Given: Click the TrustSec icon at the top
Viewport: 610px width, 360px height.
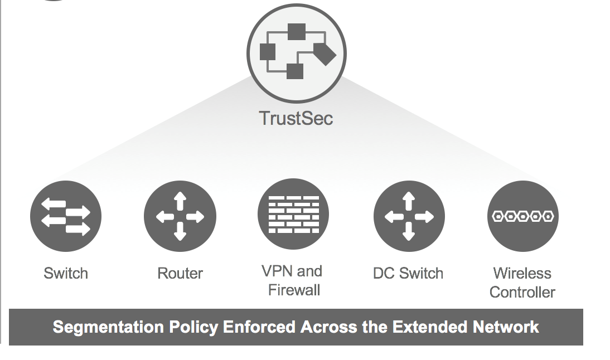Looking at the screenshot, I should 296,53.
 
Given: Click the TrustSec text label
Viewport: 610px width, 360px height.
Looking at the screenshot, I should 296,118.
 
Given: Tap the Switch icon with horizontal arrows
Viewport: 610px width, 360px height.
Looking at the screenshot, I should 66,216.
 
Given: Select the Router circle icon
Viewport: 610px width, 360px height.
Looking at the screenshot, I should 180,216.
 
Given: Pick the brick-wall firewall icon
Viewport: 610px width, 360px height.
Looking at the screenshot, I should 293,215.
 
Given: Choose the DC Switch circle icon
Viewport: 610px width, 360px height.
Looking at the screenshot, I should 409,216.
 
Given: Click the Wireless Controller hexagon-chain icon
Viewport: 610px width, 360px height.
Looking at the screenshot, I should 522,216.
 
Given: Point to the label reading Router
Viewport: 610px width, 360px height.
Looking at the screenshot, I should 180,274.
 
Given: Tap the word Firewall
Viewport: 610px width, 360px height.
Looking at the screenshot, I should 294,290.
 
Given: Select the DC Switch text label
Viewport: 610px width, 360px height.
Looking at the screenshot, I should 408,274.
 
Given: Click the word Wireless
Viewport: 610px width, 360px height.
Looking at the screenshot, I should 522,274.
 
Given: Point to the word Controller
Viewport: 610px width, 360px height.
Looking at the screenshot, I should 522,292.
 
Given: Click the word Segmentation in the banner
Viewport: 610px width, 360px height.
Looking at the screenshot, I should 93,327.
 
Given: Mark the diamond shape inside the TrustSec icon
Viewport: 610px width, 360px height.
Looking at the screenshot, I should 325,53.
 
